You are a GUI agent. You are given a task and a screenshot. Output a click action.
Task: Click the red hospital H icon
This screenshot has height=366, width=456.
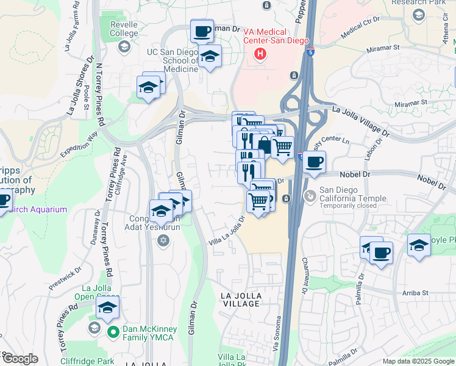pyautogui.click(x=260, y=54)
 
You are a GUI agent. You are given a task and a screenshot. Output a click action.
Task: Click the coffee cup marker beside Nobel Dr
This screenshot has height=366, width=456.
pyautogui.click(x=315, y=162)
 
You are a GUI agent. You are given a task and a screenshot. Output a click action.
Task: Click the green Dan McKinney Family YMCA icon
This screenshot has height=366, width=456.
pyautogui.click(x=112, y=332)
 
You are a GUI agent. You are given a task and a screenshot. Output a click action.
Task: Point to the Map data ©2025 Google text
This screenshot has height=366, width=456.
pyautogui.click(x=418, y=361)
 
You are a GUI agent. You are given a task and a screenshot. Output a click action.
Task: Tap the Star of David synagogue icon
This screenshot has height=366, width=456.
pyautogui.click(x=162, y=240)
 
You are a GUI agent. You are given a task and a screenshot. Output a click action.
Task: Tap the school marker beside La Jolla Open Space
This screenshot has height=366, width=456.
pyautogui.click(x=107, y=308)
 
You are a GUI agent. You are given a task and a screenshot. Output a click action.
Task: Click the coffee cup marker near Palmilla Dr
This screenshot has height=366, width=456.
pyautogui.click(x=381, y=253)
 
